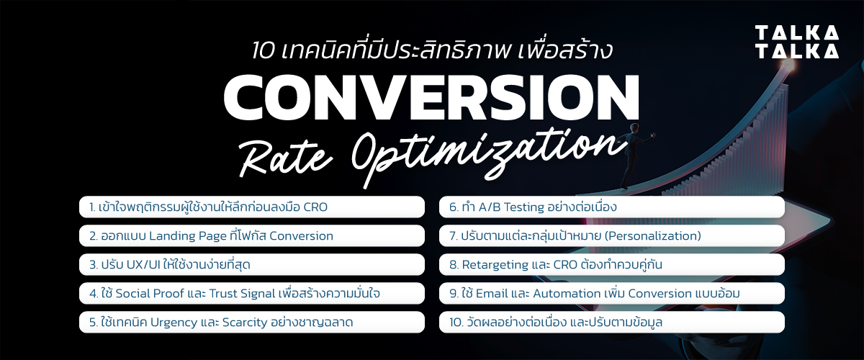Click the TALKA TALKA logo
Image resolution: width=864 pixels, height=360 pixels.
(796, 42)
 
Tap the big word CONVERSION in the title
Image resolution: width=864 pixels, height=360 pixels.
(431, 97)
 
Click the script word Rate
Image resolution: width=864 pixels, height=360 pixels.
(286, 159)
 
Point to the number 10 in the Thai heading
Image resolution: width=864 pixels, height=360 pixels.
(264, 51)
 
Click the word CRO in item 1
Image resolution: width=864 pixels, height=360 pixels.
(315, 207)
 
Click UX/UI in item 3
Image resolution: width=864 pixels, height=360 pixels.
(143, 265)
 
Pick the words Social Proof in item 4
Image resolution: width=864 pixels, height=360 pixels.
(150, 294)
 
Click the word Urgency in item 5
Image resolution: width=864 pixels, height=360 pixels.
(174, 323)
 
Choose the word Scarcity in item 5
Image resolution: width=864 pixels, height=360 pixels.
(245, 323)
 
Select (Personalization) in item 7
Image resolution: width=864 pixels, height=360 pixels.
(652, 236)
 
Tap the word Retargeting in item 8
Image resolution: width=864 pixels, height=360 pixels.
(495, 265)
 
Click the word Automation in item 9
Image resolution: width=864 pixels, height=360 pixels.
(569, 294)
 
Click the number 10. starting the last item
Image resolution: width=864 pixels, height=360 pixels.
(456, 323)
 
